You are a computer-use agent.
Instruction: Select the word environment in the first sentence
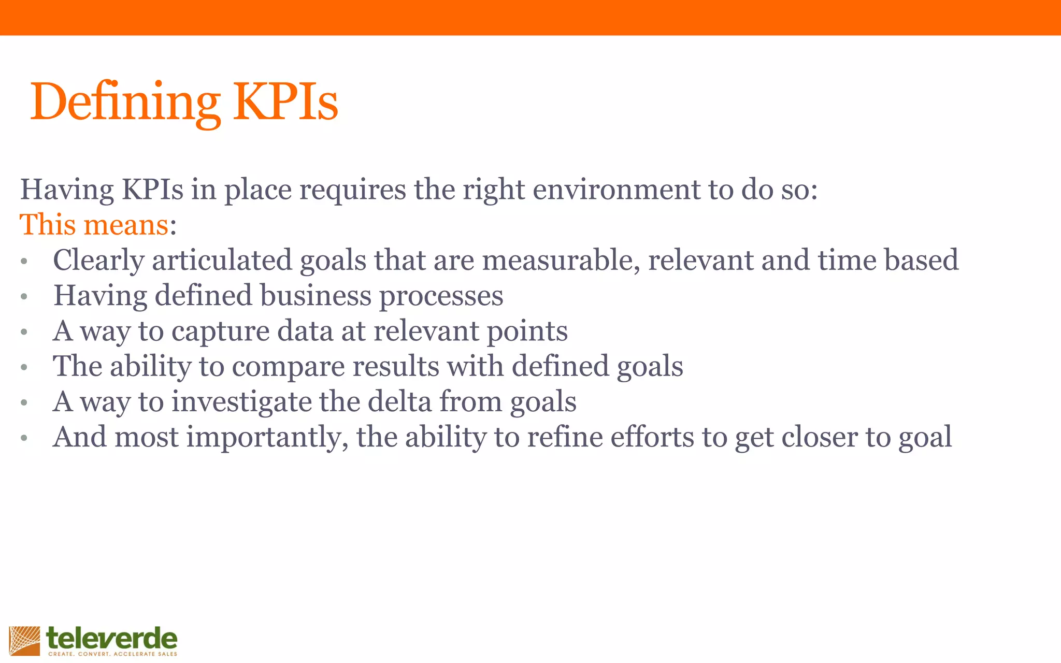[616, 190]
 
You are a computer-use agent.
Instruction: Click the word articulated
[222, 261]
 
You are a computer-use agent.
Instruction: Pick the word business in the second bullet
[316, 296]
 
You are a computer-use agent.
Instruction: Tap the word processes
[441, 296]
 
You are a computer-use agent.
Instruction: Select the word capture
[221, 331]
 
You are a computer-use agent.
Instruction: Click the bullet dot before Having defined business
[24, 297]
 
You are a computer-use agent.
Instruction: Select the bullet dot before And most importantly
[24, 439]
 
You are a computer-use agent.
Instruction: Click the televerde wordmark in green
[111, 638]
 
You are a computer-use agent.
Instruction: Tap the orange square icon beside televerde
[24, 641]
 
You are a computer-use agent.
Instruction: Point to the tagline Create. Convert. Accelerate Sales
[112, 654]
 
